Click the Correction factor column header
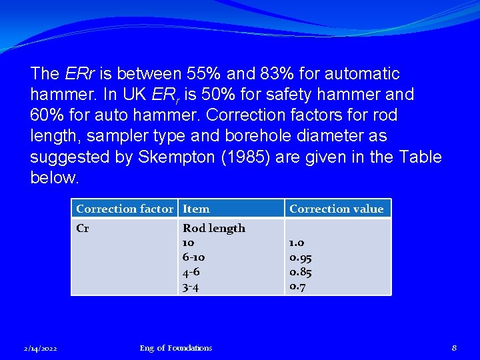click(x=124, y=209)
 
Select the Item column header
click(x=196, y=209)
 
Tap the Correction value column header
click(x=337, y=209)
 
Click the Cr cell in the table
click(x=83, y=228)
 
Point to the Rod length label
click(x=214, y=228)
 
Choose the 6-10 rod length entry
click(x=194, y=257)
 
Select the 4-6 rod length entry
click(x=191, y=272)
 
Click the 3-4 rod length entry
click(x=191, y=287)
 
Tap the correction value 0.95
click(x=301, y=257)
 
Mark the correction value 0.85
click(x=301, y=272)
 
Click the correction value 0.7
click(x=298, y=287)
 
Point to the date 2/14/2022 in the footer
click(x=41, y=348)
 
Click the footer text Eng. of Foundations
click(x=176, y=347)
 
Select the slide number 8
click(x=454, y=347)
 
